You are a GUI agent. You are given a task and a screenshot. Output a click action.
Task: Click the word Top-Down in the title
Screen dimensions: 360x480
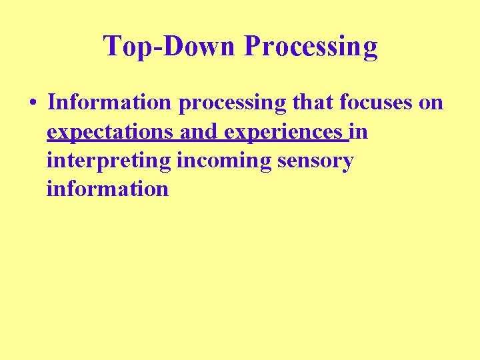pos(171,46)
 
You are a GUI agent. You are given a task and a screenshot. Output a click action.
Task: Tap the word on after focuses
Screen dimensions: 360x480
pos(433,104)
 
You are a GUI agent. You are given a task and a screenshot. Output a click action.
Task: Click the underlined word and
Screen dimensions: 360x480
pos(199,132)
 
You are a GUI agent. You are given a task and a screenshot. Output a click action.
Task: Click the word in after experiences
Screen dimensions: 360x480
pos(359,132)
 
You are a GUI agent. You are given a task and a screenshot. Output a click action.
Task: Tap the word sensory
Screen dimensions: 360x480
pos(315,161)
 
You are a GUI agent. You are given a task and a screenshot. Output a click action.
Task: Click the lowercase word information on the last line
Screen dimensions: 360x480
pos(107,189)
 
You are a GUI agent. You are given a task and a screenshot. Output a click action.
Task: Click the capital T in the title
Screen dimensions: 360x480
pos(111,46)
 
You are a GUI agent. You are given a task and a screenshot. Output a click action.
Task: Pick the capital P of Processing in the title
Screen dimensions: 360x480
pos(251,46)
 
